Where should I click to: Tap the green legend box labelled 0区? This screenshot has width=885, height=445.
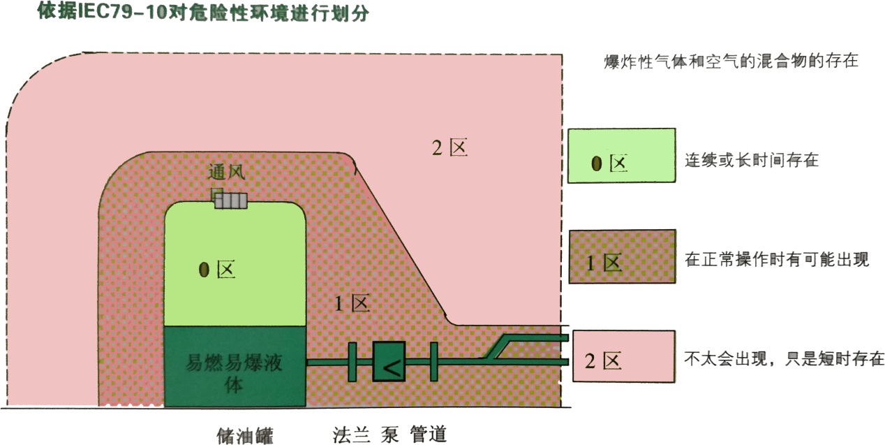click(x=621, y=156)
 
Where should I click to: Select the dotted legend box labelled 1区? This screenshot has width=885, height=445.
click(x=621, y=256)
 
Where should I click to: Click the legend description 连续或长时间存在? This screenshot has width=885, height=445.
click(x=751, y=160)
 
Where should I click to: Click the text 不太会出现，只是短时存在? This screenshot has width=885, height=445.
click(x=784, y=360)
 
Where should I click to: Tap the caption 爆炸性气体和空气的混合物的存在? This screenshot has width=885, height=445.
click(x=730, y=61)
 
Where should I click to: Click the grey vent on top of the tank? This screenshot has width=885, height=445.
click(x=230, y=201)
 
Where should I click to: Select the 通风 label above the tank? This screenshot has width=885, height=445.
click(x=228, y=172)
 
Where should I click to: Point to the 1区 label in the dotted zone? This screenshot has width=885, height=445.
click(x=351, y=304)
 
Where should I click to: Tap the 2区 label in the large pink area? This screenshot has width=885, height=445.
click(x=449, y=148)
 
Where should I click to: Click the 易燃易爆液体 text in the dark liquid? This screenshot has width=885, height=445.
click(x=235, y=372)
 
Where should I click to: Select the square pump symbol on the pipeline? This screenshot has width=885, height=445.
click(x=389, y=362)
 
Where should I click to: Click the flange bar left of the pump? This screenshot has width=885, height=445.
click(x=352, y=362)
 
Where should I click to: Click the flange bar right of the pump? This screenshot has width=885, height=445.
click(x=433, y=362)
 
